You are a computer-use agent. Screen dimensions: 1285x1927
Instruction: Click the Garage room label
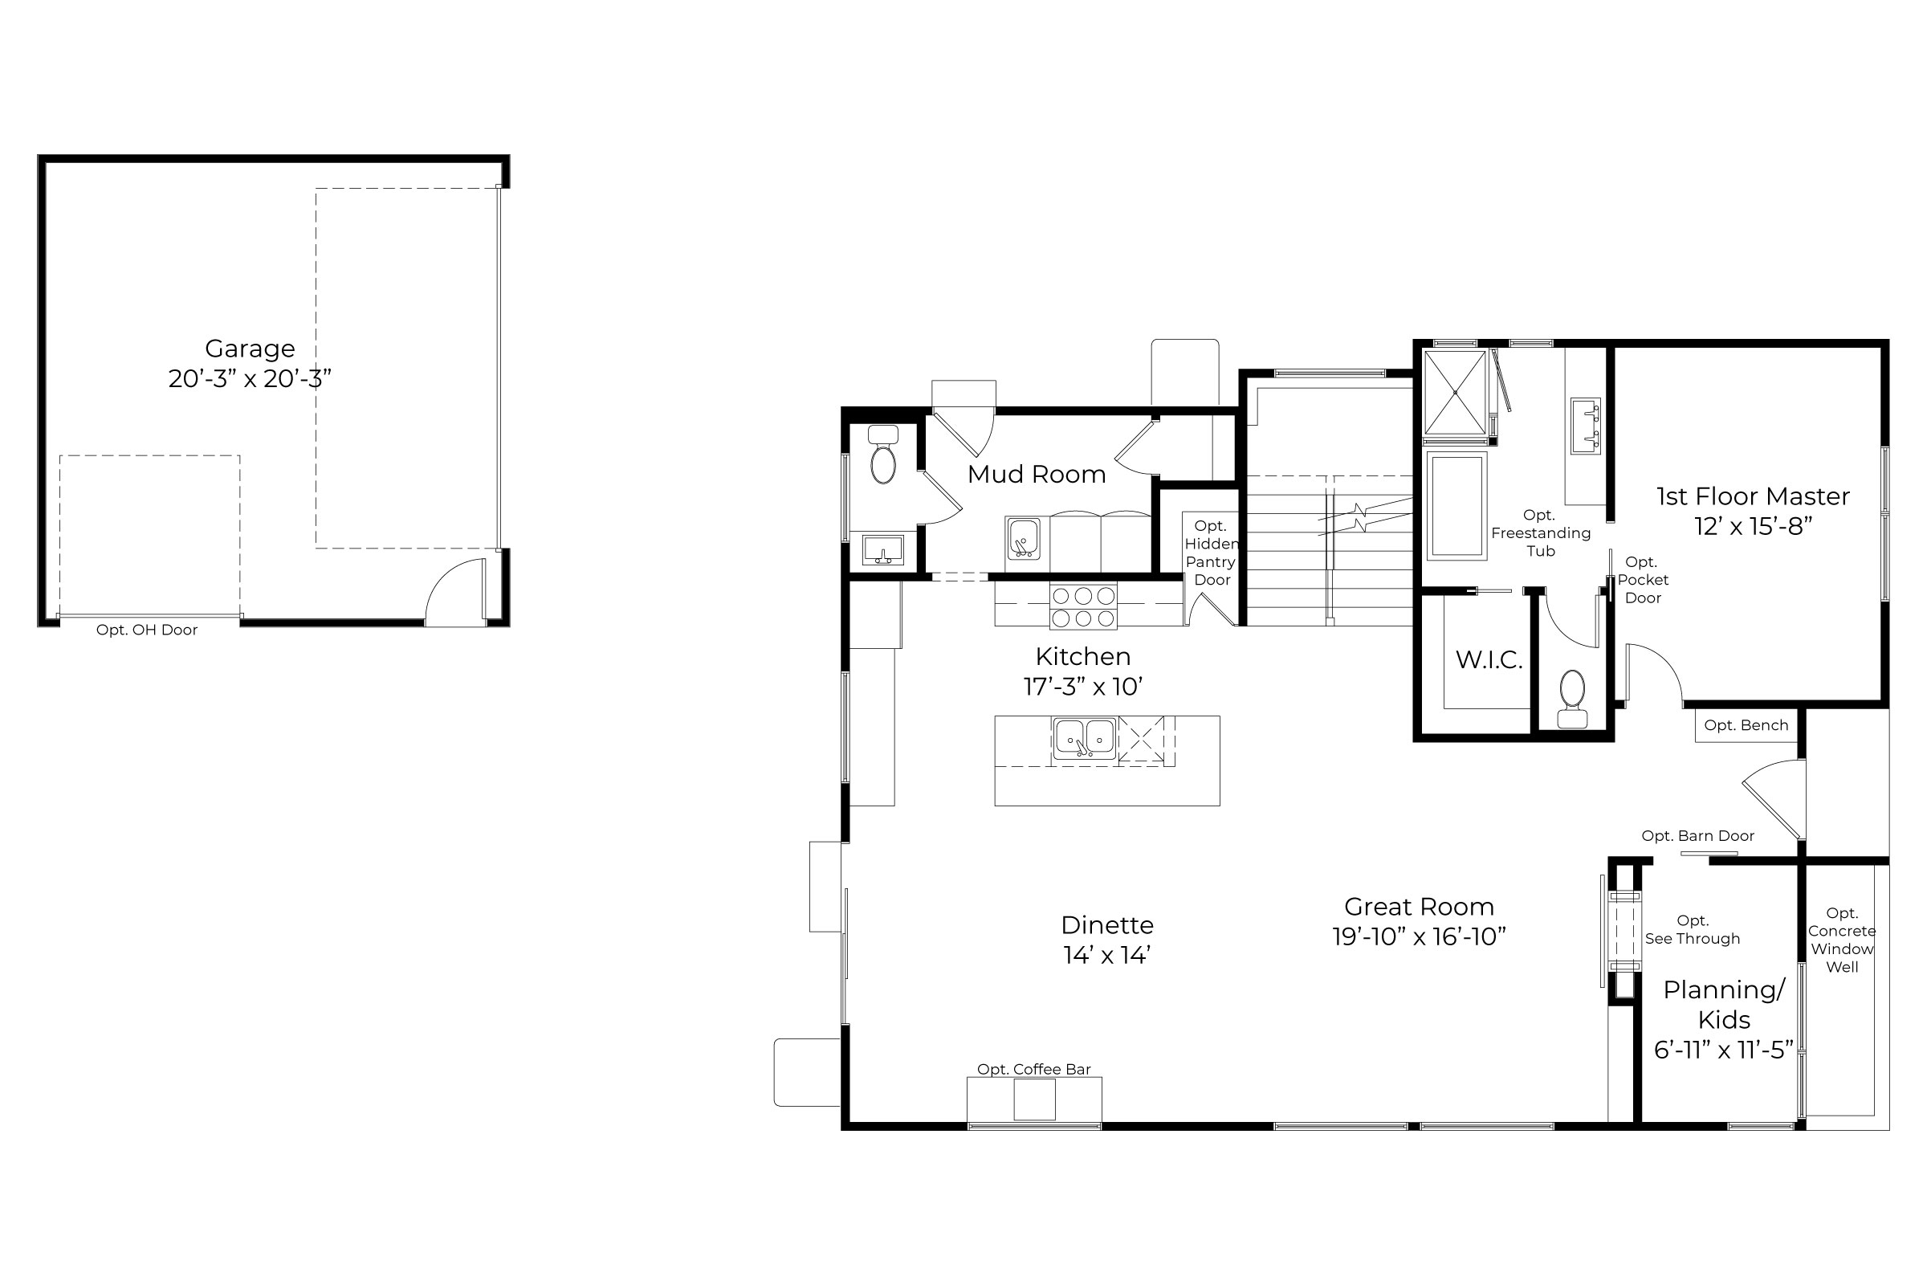250,349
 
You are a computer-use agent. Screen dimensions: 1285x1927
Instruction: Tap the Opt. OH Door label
147,630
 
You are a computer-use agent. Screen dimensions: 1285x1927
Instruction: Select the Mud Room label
1037,475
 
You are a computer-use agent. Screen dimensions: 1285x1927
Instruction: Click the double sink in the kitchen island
1084,738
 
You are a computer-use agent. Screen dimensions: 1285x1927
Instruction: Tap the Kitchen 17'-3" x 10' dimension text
1083,687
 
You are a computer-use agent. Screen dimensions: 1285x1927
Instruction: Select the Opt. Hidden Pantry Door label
1211,553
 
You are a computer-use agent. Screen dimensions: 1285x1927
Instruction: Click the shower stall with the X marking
1455,393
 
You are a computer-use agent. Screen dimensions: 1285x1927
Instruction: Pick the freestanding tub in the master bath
1456,507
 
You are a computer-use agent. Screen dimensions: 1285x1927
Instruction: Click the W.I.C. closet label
1489,660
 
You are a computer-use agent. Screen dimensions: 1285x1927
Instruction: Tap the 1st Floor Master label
1753,496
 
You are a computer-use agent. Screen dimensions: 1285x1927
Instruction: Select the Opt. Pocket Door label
1642,580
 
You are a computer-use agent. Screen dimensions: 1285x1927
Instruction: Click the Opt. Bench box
1745,726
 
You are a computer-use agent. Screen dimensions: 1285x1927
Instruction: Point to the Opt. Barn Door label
1697,836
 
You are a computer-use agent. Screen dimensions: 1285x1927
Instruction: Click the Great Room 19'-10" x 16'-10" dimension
1419,936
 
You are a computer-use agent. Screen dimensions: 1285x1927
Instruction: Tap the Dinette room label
1107,925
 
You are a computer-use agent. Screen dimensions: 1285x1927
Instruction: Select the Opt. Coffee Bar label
1034,1070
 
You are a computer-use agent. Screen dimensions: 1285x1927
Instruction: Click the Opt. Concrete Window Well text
1842,940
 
